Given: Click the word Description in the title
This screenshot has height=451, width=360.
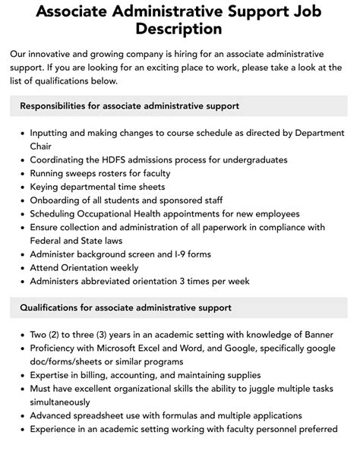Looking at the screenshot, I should click(179, 29).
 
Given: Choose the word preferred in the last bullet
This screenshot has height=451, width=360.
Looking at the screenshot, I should click(315, 430).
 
